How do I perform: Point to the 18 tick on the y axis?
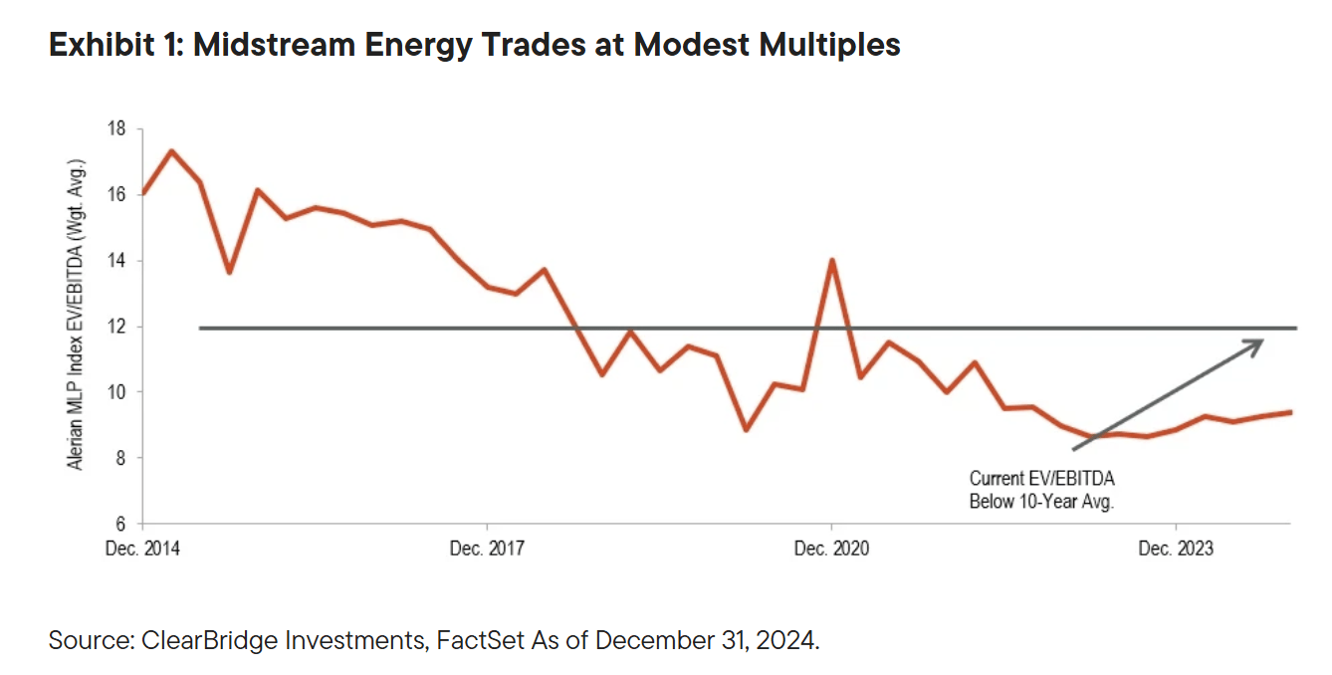point(117,128)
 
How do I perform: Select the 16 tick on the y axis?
point(117,194)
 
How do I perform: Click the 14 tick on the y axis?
point(117,261)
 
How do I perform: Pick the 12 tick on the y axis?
point(117,327)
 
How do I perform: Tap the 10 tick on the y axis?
point(117,392)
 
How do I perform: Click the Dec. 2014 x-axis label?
point(142,549)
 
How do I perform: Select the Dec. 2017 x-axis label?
point(487,549)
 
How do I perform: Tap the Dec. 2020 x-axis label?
point(831,549)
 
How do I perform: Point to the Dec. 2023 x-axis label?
point(1176,549)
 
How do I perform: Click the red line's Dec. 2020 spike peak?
point(831,260)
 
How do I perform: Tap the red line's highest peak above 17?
point(171,151)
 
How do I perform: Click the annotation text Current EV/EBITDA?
point(1041,480)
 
